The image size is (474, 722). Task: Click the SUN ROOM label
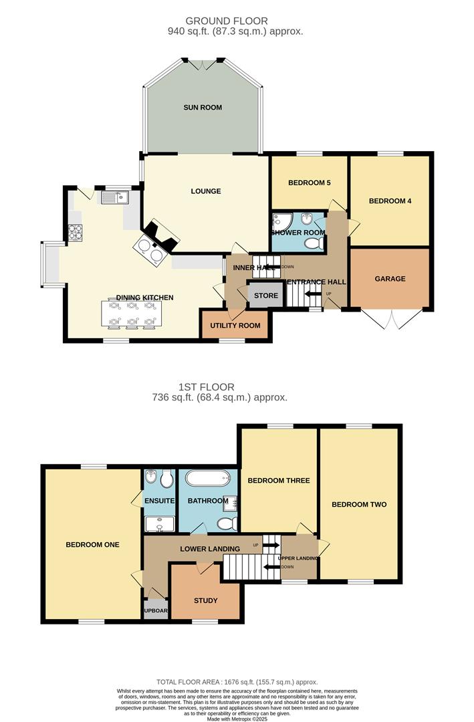(203, 107)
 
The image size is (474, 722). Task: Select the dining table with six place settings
(132, 314)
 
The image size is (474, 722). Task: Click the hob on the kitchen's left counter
(76, 232)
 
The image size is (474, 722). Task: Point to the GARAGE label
(390, 279)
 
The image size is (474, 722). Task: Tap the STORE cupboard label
(265, 295)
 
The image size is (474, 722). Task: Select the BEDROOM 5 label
(310, 183)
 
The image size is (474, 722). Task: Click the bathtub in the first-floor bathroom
(207, 479)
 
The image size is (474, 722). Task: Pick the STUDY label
(205, 600)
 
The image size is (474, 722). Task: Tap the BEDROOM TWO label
(359, 504)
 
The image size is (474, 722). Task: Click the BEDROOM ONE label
(92, 544)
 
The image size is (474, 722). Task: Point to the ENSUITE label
(158, 501)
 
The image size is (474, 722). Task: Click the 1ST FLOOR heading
(206, 386)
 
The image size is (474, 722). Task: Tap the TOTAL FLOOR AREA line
(236, 681)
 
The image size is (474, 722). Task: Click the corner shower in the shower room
(280, 221)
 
